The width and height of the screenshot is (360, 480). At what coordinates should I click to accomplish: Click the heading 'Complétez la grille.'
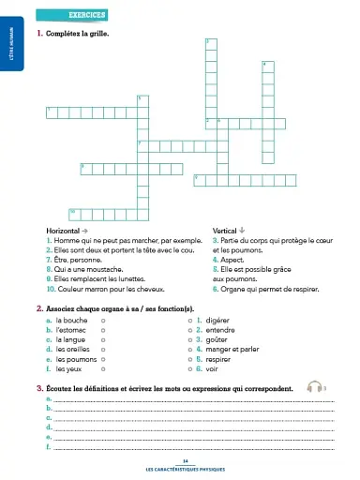(79, 35)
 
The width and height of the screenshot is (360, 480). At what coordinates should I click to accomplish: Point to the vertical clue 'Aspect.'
(231, 259)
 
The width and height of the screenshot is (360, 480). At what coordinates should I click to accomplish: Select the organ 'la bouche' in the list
(72, 321)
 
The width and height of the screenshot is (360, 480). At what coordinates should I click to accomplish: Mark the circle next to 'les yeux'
(102, 367)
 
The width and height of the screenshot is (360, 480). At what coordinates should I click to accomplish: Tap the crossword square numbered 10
(74, 211)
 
